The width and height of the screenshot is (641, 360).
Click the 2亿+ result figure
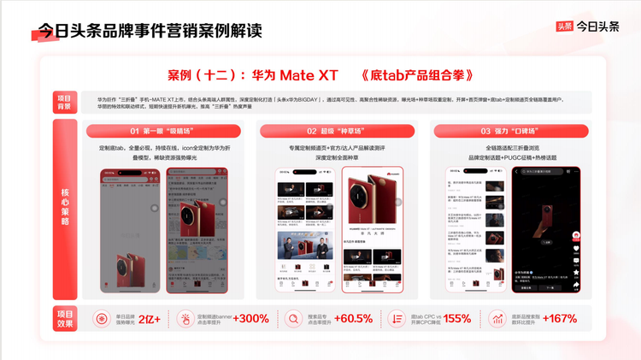[x=150, y=319]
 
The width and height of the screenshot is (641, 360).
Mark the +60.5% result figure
[x=353, y=319]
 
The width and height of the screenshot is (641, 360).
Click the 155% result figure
[x=456, y=319]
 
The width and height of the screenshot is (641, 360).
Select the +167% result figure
[x=559, y=319]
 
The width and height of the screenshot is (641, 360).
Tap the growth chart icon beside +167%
[x=497, y=319]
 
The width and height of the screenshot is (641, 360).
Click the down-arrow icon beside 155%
[x=396, y=319]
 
